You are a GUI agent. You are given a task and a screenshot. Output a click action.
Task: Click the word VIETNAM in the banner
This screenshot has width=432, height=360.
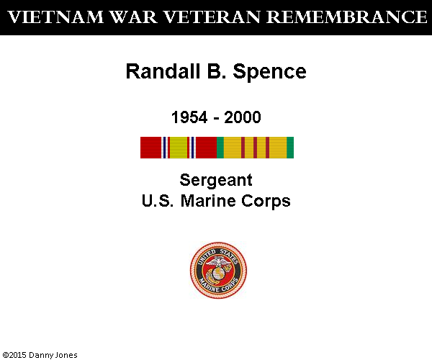tap(55, 17)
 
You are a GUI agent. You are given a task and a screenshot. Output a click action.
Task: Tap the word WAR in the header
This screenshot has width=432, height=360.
tap(133, 17)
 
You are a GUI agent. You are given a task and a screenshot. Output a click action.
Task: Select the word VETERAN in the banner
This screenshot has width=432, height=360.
tap(212, 17)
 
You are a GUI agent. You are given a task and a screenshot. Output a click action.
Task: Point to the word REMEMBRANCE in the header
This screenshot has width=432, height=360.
tap(347, 17)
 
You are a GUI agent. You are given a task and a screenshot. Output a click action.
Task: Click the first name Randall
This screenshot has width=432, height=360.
tap(163, 71)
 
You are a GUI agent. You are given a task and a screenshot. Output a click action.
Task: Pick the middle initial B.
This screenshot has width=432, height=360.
tap(216, 71)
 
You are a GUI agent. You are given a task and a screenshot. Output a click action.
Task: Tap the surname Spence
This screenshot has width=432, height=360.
tap(269, 72)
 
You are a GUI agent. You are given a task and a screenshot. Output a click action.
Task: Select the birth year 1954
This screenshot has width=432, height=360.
tap(189, 117)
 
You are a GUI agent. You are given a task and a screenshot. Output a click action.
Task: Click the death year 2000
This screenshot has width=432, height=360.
tap(243, 117)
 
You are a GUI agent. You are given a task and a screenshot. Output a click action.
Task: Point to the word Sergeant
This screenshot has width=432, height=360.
tap(216, 181)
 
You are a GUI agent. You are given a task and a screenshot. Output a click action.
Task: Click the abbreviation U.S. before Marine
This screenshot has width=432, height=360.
tap(158, 201)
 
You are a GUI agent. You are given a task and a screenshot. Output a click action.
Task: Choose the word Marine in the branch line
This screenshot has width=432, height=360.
tap(208, 201)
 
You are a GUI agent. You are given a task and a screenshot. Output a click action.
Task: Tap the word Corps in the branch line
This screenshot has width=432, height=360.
tap(266, 202)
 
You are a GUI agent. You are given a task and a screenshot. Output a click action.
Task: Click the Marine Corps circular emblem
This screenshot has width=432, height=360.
tap(218, 270)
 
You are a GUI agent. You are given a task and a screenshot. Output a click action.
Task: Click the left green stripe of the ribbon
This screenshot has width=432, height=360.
tap(220, 148)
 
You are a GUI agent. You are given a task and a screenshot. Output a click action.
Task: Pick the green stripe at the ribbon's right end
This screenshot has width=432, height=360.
tap(290, 148)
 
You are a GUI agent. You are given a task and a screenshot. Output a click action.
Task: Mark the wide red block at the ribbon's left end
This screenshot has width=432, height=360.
tap(150, 148)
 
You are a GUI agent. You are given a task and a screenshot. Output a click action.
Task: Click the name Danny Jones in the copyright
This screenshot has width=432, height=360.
tap(53, 355)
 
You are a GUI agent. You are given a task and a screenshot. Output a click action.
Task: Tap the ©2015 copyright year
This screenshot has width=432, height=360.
tap(14, 355)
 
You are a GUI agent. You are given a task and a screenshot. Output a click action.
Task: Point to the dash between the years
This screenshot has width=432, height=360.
tap(216, 119)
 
